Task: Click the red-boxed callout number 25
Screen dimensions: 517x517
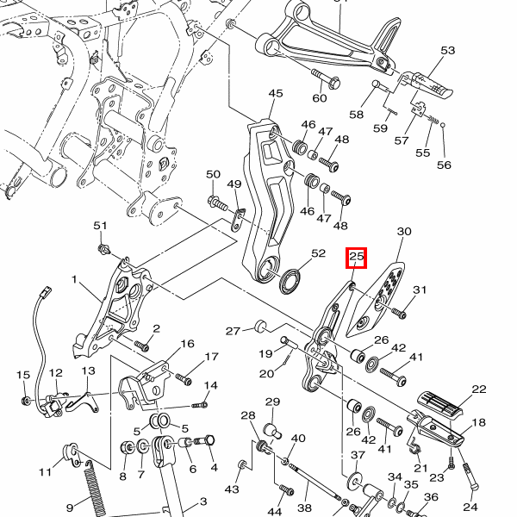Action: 357,257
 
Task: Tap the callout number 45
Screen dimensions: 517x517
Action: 276,94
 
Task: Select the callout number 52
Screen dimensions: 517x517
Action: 319,253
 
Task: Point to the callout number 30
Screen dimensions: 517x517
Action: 404,233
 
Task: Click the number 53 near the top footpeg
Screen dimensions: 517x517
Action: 447,51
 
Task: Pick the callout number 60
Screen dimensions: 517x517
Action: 320,97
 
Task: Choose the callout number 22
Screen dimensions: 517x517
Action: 479,389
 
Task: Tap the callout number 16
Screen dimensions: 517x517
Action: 187,344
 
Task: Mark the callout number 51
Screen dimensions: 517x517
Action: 100,226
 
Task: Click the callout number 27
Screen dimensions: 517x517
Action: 233,331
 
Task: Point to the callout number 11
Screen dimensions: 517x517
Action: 45,472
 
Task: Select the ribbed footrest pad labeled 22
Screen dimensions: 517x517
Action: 440,403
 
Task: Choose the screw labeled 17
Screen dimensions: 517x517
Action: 183,377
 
